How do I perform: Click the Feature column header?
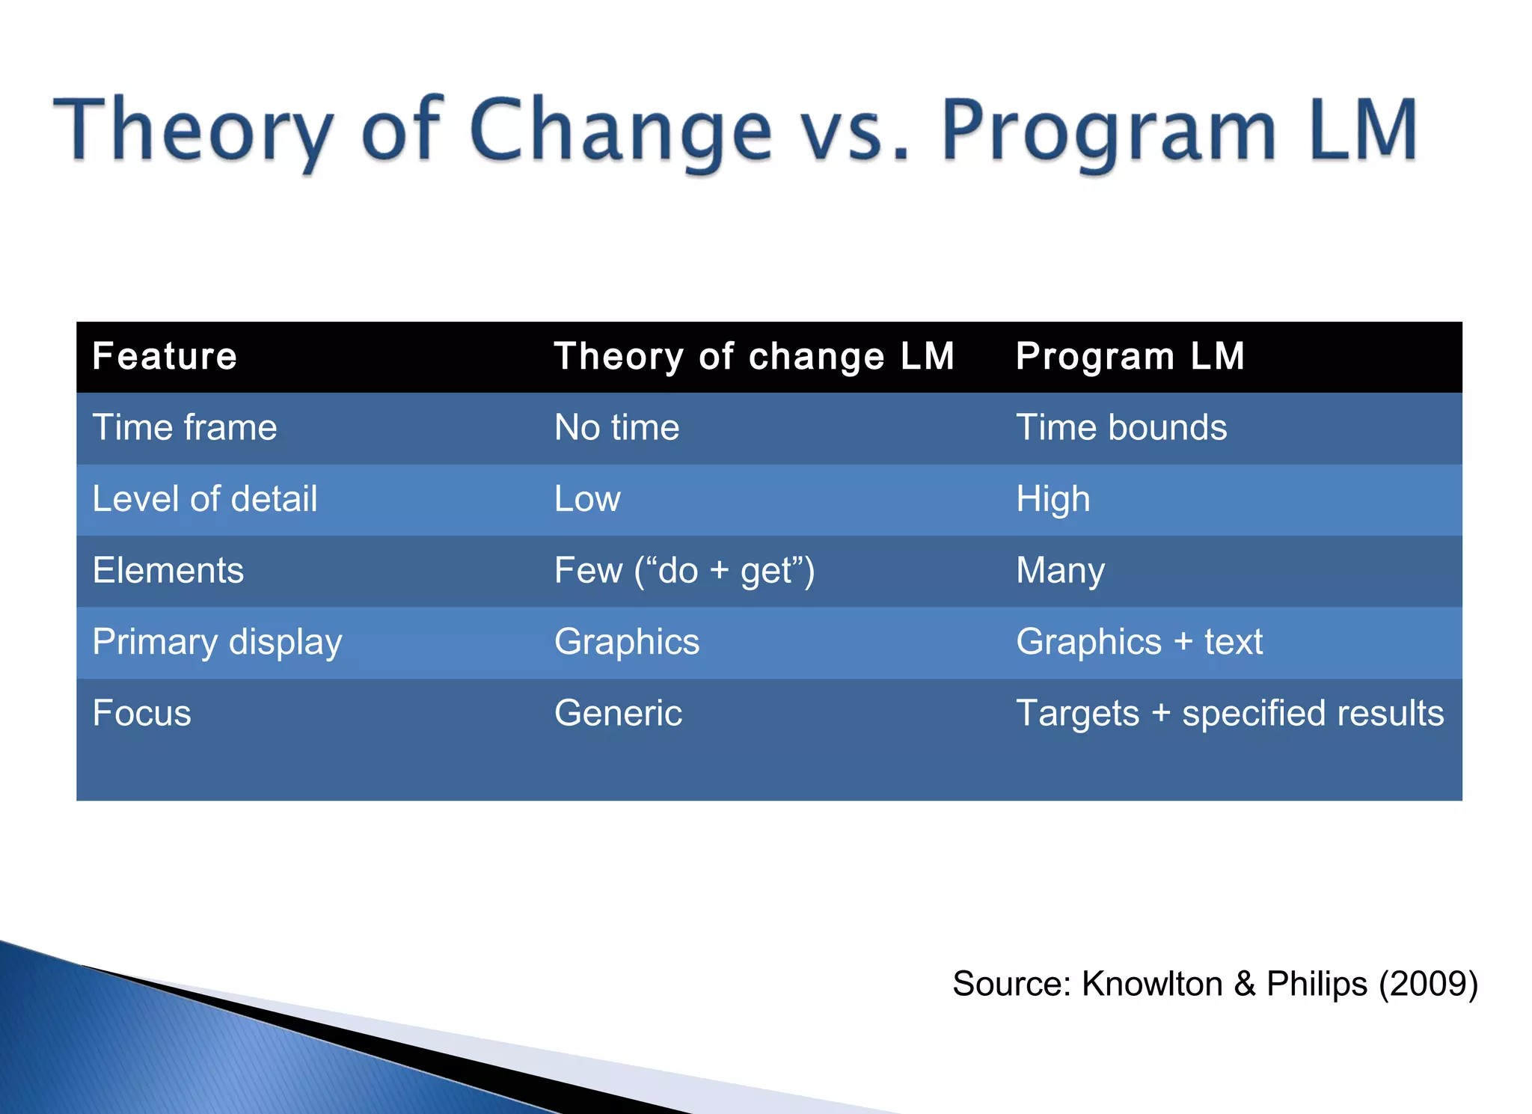click(x=165, y=356)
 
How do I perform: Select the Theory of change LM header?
click(x=754, y=356)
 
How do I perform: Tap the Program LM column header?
click(x=1130, y=356)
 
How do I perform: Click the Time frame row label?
click(x=185, y=428)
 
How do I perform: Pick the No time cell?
click(x=616, y=428)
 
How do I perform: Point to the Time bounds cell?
click(x=1121, y=428)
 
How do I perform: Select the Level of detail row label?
click(x=204, y=499)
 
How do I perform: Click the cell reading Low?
click(x=587, y=499)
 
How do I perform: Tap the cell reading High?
click(x=1053, y=499)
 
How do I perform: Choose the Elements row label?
click(x=168, y=570)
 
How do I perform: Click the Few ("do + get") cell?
click(x=684, y=570)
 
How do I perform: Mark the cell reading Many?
click(x=1060, y=570)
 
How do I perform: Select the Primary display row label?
click(x=217, y=642)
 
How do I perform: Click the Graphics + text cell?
click(x=1139, y=642)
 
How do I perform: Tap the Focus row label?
click(x=141, y=713)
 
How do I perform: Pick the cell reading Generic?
click(x=618, y=713)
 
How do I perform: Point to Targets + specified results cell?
click(x=1229, y=713)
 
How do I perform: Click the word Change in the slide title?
click(x=621, y=131)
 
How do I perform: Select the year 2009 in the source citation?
click(x=1427, y=983)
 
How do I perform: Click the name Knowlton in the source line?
click(x=1152, y=983)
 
